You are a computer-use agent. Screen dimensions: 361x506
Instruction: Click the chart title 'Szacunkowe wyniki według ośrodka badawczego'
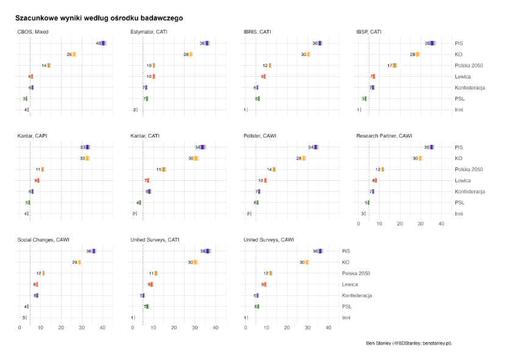click(x=99, y=19)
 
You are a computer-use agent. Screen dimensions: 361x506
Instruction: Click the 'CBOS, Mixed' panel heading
click(x=33, y=32)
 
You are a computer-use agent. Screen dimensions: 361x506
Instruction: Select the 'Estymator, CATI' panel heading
click(x=149, y=32)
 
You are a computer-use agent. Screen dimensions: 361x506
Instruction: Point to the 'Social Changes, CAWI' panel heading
click(x=43, y=240)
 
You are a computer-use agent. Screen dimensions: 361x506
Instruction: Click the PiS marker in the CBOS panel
click(x=103, y=43)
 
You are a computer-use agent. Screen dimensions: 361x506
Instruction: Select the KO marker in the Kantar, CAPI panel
click(x=87, y=158)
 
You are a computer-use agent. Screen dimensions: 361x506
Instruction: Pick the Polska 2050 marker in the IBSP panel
click(x=394, y=65)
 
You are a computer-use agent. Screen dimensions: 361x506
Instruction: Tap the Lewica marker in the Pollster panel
click(x=265, y=180)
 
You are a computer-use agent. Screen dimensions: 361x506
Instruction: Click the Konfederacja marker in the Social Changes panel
click(x=37, y=295)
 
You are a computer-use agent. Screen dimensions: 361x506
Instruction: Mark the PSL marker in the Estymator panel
click(x=147, y=99)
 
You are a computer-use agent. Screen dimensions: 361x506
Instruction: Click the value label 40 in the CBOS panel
click(x=98, y=43)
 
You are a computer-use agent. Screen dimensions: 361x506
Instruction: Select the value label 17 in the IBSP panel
click(x=389, y=65)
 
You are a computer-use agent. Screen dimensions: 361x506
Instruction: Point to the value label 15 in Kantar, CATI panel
click(x=159, y=169)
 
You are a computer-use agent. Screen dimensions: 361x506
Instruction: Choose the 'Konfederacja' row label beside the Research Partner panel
click(x=470, y=191)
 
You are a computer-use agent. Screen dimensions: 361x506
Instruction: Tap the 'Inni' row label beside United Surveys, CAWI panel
click(x=346, y=317)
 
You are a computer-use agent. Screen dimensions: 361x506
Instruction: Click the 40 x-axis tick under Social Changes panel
click(x=102, y=329)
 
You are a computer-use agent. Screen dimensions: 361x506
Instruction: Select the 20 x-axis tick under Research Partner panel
click(x=400, y=225)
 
